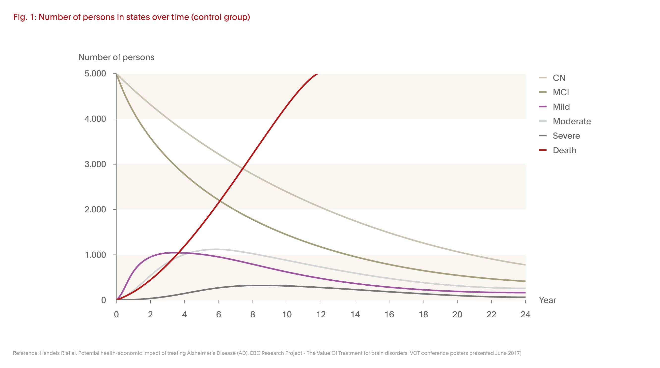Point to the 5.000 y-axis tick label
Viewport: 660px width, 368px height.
pyautogui.click(x=95, y=74)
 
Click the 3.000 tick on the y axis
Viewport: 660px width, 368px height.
pyautogui.click(x=95, y=164)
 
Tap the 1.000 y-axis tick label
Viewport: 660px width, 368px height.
pyautogui.click(x=95, y=255)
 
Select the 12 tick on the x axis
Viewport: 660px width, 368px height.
pyautogui.click(x=321, y=314)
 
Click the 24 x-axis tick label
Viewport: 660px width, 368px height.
pyautogui.click(x=525, y=314)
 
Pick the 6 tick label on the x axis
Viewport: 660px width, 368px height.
pyautogui.click(x=219, y=314)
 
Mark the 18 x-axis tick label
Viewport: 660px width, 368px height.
pyautogui.click(x=423, y=314)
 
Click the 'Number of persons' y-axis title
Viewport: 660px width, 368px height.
pyautogui.click(x=116, y=57)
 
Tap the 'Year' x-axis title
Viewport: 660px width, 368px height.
pyautogui.click(x=547, y=300)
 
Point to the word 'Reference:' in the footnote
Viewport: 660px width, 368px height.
pyautogui.click(x=26, y=353)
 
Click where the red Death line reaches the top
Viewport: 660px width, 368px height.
pyautogui.click(x=317, y=74)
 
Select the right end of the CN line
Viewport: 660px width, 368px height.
pyautogui.click(x=525, y=265)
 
